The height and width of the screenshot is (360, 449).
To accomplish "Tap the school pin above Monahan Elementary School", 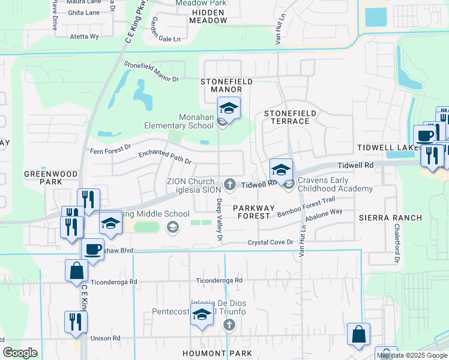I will pyautogui.click(x=229, y=109).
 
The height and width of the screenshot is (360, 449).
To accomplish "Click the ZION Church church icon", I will pyautogui.click(x=229, y=184).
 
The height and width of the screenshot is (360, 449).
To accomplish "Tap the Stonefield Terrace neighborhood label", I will pyautogui.click(x=286, y=116).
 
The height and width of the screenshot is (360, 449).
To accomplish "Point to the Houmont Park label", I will pyautogui.click(x=217, y=353).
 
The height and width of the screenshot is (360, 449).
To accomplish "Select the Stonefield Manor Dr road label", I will pyautogui.click(x=151, y=71).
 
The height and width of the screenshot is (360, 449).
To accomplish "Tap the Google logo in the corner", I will pyautogui.click(x=20, y=352).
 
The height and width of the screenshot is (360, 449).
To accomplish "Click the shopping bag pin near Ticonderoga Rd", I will pyautogui.click(x=77, y=271).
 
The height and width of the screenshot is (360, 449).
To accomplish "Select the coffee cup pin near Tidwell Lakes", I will pyautogui.click(x=425, y=136).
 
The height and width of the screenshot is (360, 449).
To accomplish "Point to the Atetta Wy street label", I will pyautogui.click(x=85, y=37).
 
